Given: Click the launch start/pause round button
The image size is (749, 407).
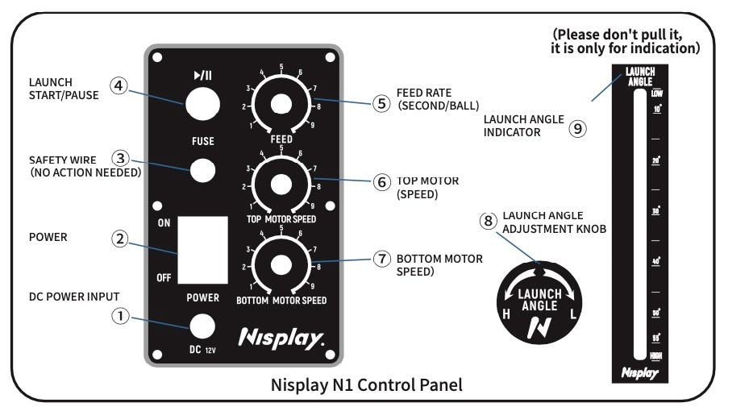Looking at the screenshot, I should tap(202, 104).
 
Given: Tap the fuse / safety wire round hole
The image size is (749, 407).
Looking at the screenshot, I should tap(202, 169).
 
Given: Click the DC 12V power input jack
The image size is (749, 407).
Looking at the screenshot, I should tap(202, 326).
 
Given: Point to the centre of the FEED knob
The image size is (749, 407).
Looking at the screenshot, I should tap(281, 104).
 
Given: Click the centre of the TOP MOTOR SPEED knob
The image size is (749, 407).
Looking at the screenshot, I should tap(281, 185).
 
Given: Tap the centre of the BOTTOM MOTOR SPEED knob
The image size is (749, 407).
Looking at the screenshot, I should tap(281, 264).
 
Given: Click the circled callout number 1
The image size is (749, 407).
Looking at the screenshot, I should tap(120, 317).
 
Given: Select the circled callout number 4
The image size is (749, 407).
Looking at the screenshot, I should tap(119, 85).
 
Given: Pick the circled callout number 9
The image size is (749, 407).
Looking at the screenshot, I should tap(577, 127).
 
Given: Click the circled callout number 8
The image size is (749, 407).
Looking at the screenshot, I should tap(488, 221).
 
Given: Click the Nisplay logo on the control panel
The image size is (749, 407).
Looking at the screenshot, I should tap(281, 337).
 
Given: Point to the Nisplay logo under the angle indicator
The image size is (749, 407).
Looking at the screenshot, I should tap(639, 372).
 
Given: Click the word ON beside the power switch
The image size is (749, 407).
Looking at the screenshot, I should tap(164, 222).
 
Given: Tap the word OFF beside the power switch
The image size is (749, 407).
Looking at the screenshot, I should tap(164, 277).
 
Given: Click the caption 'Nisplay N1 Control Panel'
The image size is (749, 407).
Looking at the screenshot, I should tap(367, 384).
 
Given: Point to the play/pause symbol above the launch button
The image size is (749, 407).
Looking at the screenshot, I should tap(202, 76).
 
